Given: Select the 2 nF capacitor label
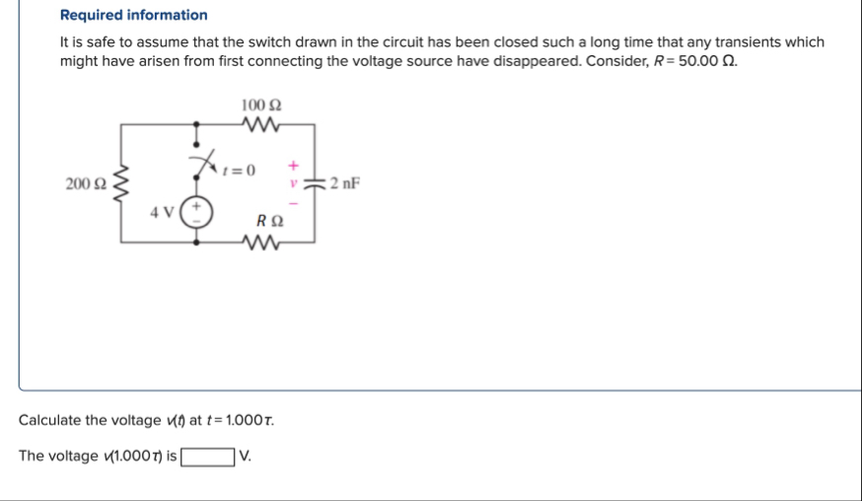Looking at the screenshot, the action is click(346, 182).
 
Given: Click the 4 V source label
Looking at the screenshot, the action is click(163, 211).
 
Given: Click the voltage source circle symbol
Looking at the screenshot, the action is click(197, 213).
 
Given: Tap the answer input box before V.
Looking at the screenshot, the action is click(207, 456).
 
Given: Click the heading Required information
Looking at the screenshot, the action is click(134, 15).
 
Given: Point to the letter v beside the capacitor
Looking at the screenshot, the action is click(293, 182).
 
